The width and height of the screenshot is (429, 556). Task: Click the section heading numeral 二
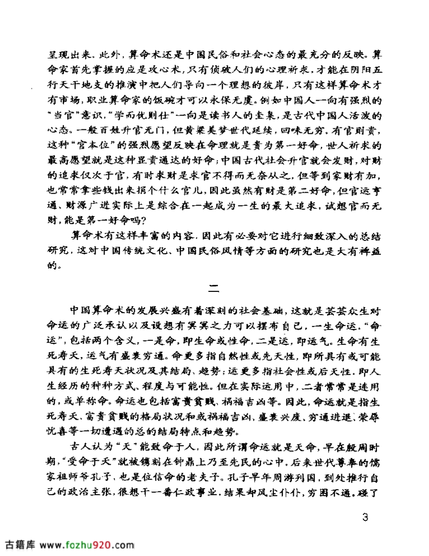tap(214, 287)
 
